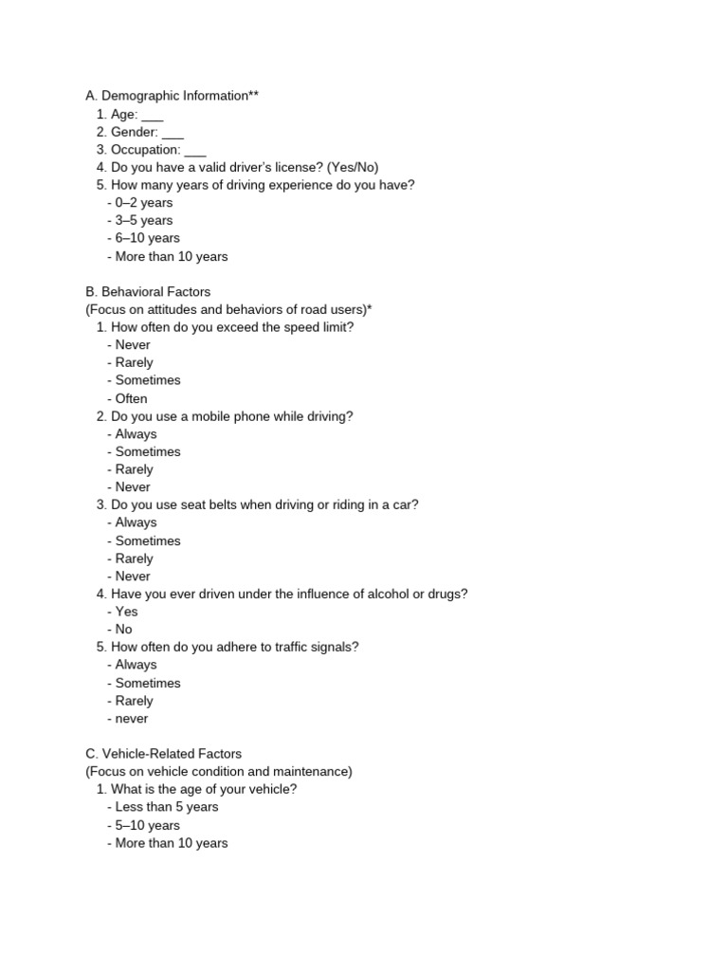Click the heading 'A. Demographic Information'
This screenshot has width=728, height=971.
(x=172, y=96)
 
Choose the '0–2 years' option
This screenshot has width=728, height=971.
(x=143, y=202)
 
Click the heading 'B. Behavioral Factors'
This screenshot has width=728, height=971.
(x=148, y=291)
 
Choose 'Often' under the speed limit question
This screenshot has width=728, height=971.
(x=131, y=398)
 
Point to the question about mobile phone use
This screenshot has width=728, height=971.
(x=231, y=416)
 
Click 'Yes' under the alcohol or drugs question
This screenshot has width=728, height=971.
(x=126, y=612)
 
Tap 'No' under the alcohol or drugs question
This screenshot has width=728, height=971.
(x=123, y=629)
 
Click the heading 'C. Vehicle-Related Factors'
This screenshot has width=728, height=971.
(x=163, y=754)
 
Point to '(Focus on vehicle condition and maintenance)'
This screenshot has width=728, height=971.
(x=219, y=772)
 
